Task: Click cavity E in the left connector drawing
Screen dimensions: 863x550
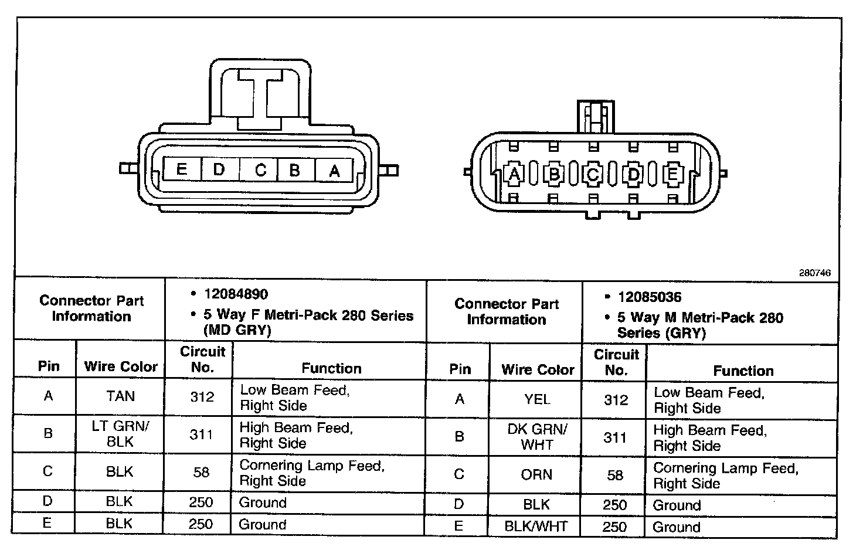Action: pyautogui.click(x=182, y=170)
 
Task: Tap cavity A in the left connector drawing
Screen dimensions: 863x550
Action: pyautogui.click(x=334, y=171)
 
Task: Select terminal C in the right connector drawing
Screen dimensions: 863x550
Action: pyautogui.click(x=593, y=174)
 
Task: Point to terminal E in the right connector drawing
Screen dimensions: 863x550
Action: pyautogui.click(x=672, y=174)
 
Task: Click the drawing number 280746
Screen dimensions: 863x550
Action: pyautogui.click(x=814, y=273)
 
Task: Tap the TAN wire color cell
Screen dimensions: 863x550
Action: pyautogui.click(x=120, y=396)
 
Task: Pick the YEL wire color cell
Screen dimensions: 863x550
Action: pyautogui.click(x=537, y=399)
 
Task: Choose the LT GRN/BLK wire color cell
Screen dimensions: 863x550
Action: pyautogui.click(x=120, y=434)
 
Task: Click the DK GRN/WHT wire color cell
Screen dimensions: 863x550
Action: pyautogui.click(x=537, y=437)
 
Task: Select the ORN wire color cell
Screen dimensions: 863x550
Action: pyautogui.click(x=536, y=474)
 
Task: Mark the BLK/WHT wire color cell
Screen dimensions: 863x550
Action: pyautogui.click(x=536, y=526)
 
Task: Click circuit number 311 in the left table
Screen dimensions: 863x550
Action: pyautogui.click(x=201, y=434)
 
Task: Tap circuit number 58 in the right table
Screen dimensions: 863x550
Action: pyautogui.click(x=615, y=475)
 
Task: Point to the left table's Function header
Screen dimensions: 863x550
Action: pyautogui.click(x=331, y=368)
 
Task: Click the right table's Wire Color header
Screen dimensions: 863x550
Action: pyautogui.click(x=538, y=370)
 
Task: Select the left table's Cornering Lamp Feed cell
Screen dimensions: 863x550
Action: pyautogui.click(x=311, y=473)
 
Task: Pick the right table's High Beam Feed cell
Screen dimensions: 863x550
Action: pyautogui.click(x=709, y=437)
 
